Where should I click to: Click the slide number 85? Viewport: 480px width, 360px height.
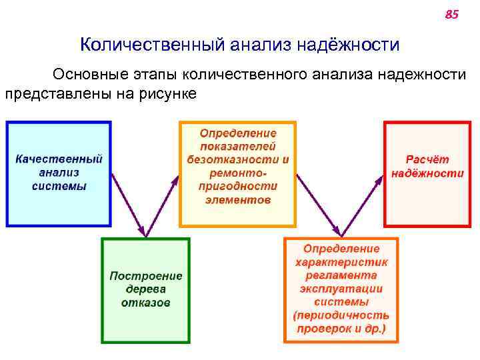coord(451,14)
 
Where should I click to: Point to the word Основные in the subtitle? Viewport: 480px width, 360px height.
coord(91,74)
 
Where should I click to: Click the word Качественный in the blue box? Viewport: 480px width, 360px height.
coord(59,160)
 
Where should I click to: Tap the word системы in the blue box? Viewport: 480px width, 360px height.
coord(59,186)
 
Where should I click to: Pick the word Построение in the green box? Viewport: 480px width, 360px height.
coord(146,276)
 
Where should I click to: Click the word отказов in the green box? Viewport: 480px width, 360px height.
coord(146,302)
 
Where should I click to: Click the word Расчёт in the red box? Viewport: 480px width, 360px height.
coord(427,160)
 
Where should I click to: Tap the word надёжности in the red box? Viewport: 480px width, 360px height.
coord(427,173)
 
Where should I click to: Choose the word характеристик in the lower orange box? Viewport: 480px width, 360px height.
coord(341,262)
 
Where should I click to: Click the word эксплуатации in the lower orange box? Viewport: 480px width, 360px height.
coord(341,289)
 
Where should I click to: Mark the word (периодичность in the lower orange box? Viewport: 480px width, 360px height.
coord(341,315)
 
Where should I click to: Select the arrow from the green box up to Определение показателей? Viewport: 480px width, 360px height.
coord(163,203)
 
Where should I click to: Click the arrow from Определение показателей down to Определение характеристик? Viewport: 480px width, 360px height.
coord(320,203)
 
